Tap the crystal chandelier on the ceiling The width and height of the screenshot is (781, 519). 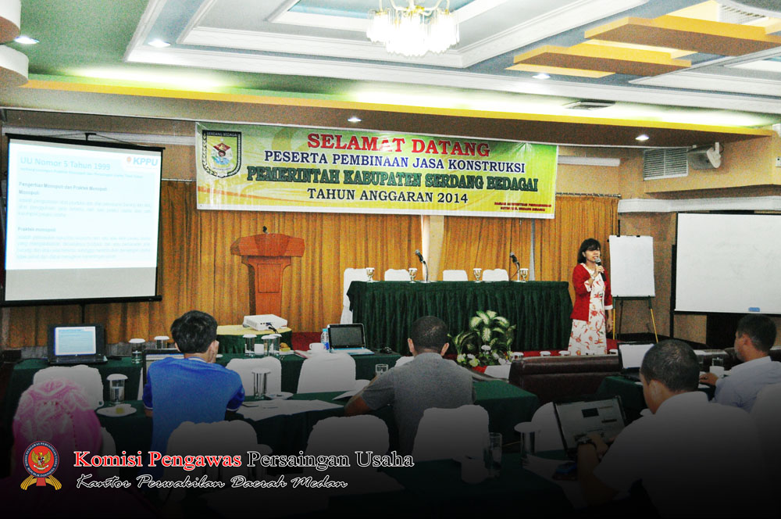(412, 30)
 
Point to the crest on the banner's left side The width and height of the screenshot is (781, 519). (221, 154)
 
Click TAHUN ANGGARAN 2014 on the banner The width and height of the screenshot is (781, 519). (387, 196)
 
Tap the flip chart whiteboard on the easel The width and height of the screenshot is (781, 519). (631, 266)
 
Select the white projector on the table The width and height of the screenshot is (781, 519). (265, 321)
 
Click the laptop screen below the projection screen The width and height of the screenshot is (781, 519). (75, 341)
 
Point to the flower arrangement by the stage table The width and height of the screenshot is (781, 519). (485, 338)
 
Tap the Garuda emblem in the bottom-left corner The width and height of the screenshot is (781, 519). (41, 464)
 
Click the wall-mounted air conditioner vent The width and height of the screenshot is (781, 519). (665, 163)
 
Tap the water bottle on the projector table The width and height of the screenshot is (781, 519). (325, 338)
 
